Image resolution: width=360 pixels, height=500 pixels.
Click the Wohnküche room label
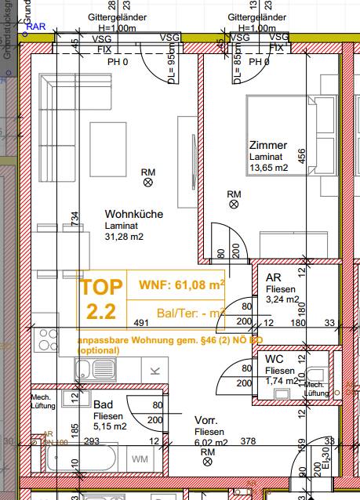(133, 213)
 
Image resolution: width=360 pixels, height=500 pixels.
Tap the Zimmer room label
(267, 145)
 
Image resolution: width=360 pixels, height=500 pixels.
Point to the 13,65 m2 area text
(268, 167)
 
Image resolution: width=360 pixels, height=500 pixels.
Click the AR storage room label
(274, 277)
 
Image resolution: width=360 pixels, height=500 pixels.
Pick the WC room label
(275, 358)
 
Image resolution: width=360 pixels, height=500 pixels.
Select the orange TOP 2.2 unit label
(102, 299)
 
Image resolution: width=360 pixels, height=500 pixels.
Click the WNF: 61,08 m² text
(181, 284)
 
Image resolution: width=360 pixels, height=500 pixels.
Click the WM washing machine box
(140, 458)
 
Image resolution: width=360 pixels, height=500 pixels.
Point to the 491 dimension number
(141, 322)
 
